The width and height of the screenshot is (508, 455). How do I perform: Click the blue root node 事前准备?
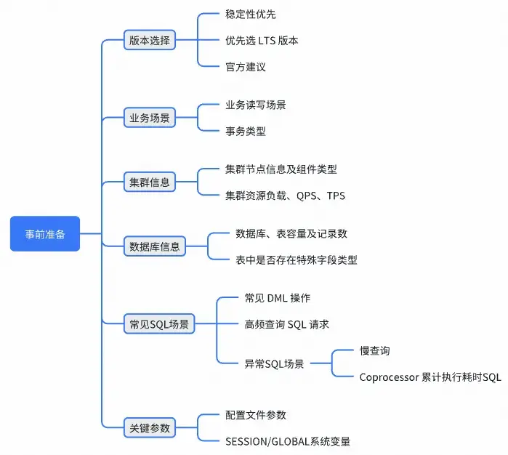pos(45,234)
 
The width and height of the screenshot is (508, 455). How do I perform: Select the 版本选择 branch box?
pos(150,41)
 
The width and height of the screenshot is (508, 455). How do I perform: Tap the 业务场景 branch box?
pos(150,117)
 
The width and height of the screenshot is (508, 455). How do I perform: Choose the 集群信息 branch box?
pos(150,182)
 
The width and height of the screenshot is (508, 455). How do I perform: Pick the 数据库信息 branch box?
pos(155,246)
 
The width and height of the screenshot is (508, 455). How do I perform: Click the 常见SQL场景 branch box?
pos(159,324)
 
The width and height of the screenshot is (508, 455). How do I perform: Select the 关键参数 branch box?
pos(150,428)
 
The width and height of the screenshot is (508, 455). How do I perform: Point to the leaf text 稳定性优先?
pos(251,15)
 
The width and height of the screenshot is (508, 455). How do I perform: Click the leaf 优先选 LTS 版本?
pos(262,41)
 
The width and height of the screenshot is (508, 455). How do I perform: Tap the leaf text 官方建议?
pos(246,67)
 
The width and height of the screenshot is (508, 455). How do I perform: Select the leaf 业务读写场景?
pos(256,105)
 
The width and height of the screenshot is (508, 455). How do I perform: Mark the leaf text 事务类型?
pos(246,131)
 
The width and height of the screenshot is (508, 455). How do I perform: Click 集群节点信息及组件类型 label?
pos(281,169)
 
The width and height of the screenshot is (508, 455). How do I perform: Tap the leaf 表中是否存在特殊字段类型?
pos(297,259)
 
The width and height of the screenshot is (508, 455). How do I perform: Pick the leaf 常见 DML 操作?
pos(278,298)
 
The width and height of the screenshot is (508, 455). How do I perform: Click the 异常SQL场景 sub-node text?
pos(275,363)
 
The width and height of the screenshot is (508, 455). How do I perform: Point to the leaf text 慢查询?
pos(375,350)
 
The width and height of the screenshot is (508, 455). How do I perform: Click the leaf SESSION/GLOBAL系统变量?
pos(289,441)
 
